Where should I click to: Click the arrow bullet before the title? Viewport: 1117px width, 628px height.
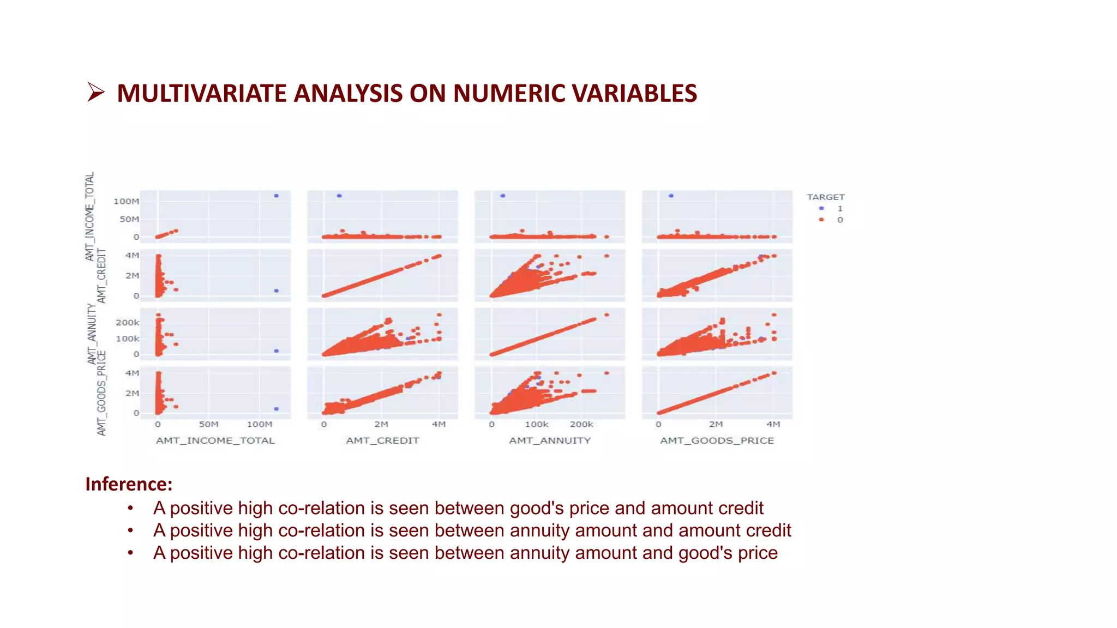click(x=96, y=92)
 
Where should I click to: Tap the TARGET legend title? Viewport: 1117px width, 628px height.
click(x=825, y=197)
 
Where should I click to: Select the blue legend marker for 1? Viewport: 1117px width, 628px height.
click(x=821, y=208)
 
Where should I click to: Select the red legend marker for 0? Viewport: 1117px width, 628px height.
click(x=821, y=220)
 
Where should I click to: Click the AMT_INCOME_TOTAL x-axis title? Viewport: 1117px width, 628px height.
click(x=215, y=440)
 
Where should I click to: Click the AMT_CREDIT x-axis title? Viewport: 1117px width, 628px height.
click(x=382, y=440)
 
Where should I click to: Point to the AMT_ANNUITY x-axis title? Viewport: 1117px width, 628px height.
click(x=550, y=440)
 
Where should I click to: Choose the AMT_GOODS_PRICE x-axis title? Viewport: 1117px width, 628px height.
click(x=717, y=440)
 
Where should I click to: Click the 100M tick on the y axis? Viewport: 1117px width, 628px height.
click(x=126, y=201)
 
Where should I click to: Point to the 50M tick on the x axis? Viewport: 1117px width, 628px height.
click(x=208, y=424)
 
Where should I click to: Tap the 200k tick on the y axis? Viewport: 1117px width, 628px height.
click(x=127, y=323)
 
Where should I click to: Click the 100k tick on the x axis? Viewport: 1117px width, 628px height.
click(x=537, y=424)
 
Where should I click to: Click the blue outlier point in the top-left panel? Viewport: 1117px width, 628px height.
click(x=277, y=196)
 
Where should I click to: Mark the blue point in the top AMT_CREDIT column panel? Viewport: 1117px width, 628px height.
click(x=339, y=196)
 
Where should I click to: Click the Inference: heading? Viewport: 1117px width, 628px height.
click(x=129, y=484)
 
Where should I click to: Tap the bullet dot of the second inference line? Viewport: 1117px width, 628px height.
click(x=130, y=530)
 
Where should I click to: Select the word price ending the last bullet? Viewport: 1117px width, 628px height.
click(x=758, y=553)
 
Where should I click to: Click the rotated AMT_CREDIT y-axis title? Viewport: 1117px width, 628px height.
click(x=101, y=276)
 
